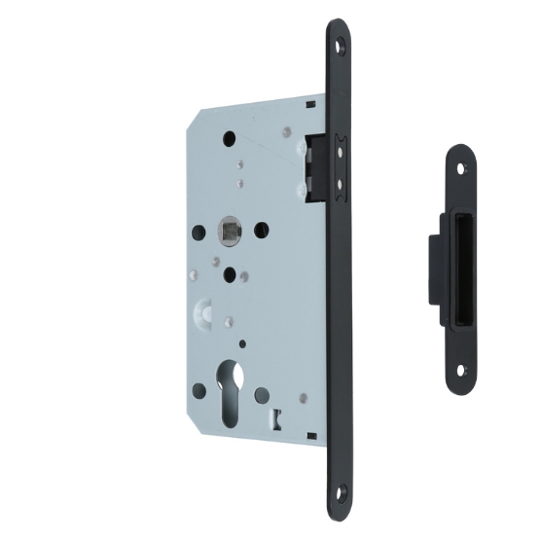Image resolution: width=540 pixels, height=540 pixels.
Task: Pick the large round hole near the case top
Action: [230, 137]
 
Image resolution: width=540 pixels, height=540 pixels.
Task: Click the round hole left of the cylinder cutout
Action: [198, 391]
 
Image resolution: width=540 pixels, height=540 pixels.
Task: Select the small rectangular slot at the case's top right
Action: [309, 100]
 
